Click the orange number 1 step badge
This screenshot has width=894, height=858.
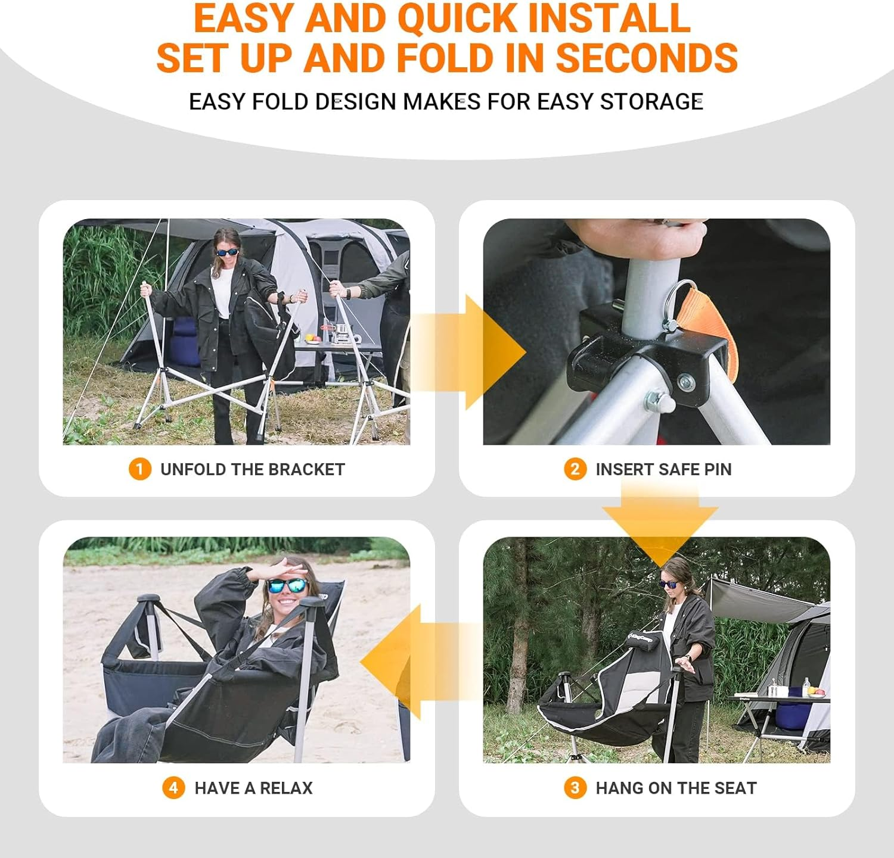coord(139,469)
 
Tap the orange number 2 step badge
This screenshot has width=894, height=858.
coord(575,469)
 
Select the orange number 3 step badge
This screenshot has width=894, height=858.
coord(575,788)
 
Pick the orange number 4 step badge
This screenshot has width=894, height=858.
coord(173,788)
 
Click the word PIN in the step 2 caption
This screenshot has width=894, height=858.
coord(717,469)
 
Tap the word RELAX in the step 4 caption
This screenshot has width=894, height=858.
coord(286,788)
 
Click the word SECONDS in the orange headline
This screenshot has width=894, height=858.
coord(647,58)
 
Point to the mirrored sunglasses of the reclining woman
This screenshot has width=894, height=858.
coord(287,585)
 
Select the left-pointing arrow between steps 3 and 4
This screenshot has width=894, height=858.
coord(417,662)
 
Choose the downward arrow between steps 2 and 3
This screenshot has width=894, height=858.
coord(660,518)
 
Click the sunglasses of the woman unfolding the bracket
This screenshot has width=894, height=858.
coord(227,252)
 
